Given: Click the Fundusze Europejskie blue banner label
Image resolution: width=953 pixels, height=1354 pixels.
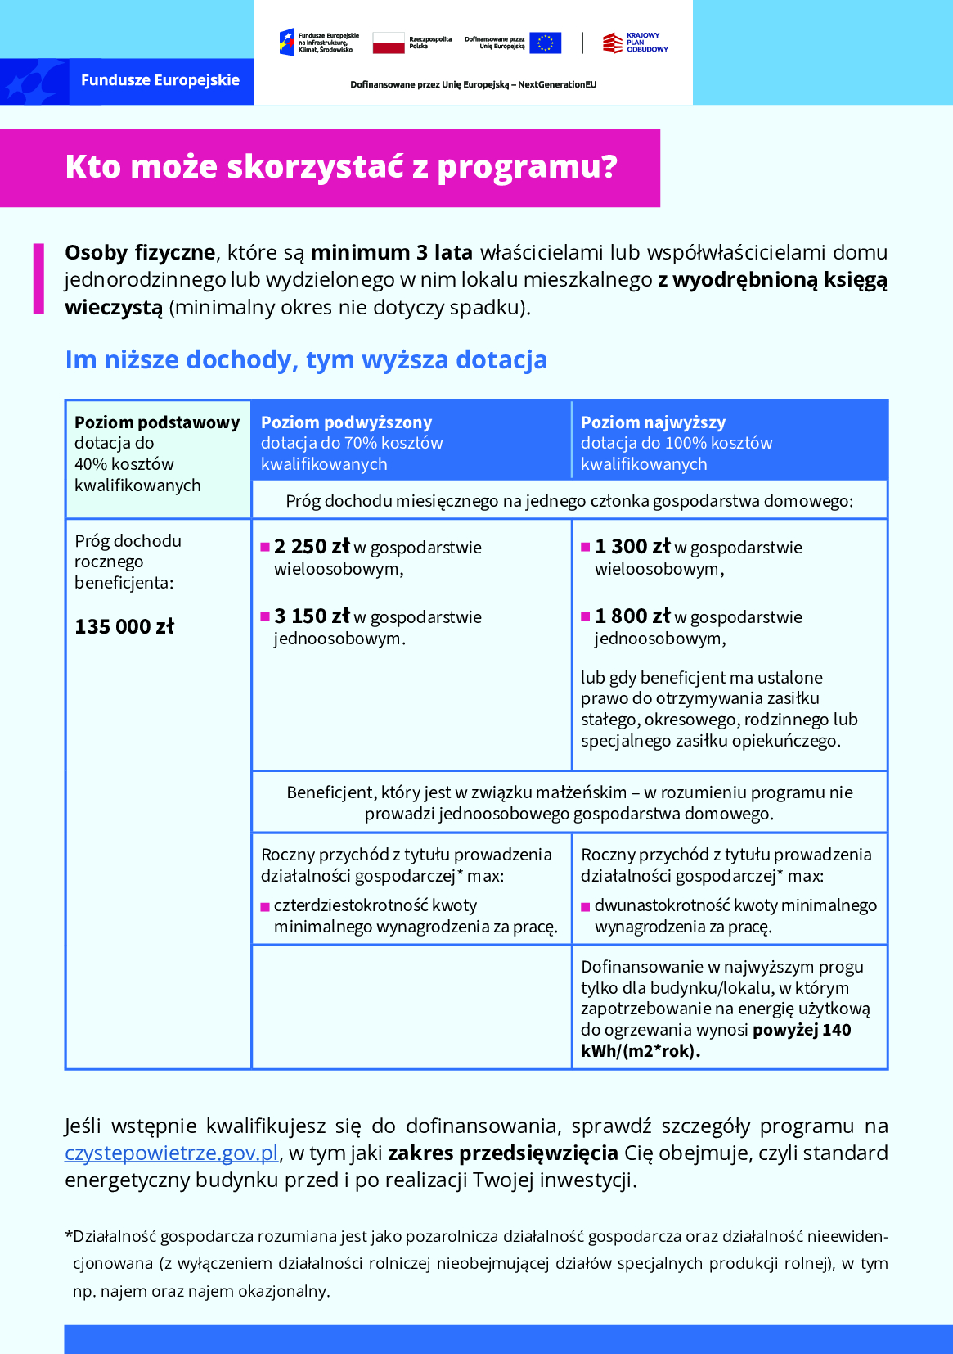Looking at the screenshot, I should [x=160, y=80].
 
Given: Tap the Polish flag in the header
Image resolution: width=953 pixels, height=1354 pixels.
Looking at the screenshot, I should [x=389, y=43].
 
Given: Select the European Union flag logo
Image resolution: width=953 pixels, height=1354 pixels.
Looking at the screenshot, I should [x=545, y=43].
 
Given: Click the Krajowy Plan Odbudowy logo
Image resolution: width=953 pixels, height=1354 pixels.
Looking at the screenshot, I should [x=636, y=43].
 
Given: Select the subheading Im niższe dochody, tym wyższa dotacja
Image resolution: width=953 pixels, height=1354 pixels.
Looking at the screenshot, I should [x=306, y=359].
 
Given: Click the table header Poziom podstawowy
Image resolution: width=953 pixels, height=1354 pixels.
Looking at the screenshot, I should [x=157, y=422].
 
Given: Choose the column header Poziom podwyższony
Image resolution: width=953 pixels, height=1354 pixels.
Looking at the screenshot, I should [x=346, y=422].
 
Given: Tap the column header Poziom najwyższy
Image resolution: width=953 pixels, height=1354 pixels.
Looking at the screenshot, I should [x=653, y=422].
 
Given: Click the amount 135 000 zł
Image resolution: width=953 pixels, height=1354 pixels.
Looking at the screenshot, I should [x=124, y=627].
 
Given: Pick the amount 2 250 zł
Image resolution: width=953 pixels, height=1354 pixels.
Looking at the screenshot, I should [x=312, y=547].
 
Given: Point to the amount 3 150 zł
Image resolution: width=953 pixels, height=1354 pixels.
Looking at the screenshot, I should [x=312, y=616].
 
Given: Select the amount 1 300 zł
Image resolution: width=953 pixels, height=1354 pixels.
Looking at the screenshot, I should [x=632, y=547].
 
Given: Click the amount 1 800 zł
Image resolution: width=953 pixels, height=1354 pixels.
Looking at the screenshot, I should [x=632, y=616].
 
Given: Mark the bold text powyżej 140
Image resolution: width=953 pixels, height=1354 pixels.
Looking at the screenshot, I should [x=802, y=1030].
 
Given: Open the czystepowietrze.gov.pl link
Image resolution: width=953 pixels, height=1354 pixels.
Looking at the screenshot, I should [x=172, y=1153].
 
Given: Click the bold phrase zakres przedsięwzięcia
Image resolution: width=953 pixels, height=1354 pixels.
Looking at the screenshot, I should [x=502, y=1153].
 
